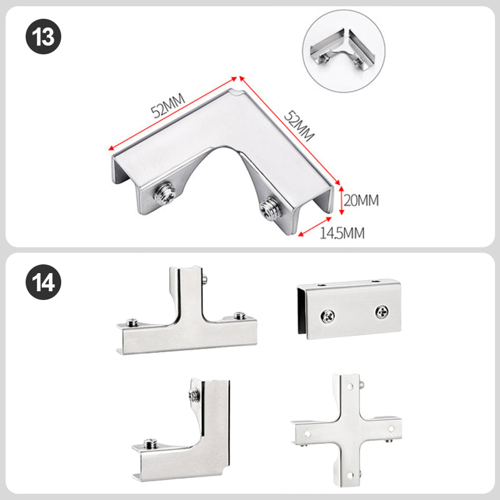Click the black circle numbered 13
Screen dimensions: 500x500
pyautogui.click(x=43, y=37)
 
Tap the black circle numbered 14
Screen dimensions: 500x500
pyautogui.click(x=43, y=282)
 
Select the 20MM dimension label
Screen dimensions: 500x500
pyautogui.click(x=361, y=200)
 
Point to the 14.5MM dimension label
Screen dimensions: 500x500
pyautogui.click(x=342, y=233)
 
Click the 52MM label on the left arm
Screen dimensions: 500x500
pyautogui.click(x=167, y=106)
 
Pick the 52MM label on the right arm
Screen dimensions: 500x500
pyautogui.click(x=299, y=126)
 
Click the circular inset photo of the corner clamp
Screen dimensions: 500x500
pyautogui.click(x=344, y=51)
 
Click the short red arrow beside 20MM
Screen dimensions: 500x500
pyautogui.click(x=341, y=200)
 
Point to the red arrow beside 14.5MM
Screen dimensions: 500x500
pyautogui.click(x=315, y=227)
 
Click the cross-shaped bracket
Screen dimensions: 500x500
pyautogui.click(x=346, y=431)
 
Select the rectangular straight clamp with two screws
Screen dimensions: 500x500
pyautogui.click(x=349, y=309)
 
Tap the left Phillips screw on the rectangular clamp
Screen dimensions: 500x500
pyautogui.click(x=327, y=316)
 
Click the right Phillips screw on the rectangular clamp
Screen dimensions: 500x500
pyautogui.click(x=382, y=311)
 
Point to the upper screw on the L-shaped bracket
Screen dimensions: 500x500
pyautogui.click(x=194, y=396)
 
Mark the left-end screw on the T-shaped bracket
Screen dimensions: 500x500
pyautogui.click(x=132, y=322)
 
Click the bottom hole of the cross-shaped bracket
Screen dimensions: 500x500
pyautogui.click(x=350, y=476)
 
